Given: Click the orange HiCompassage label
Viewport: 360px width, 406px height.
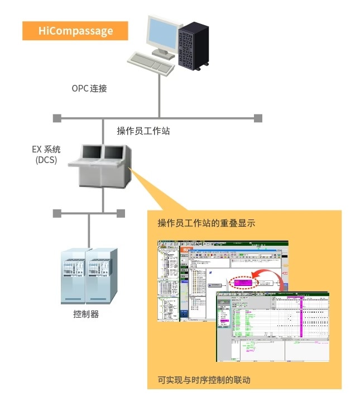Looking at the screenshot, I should [x=75, y=31].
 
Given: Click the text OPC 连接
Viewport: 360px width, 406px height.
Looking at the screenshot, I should [x=89, y=88].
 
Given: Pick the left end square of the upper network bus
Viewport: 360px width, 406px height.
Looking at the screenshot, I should [x=56, y=118].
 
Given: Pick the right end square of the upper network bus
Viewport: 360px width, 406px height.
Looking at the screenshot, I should [x=258, y=118].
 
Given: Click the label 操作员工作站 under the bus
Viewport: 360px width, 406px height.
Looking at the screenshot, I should [x=143, y=131].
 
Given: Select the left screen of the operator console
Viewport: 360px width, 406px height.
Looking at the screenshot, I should [x=92, y=151].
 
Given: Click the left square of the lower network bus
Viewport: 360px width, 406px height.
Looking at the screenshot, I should [x=56, y=213].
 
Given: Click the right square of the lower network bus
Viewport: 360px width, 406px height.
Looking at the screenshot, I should [x=121, y=213].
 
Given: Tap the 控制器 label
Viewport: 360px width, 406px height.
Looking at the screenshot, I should [x=86, y=314].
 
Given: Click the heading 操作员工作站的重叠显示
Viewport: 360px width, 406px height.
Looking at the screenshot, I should [x=207, y=224].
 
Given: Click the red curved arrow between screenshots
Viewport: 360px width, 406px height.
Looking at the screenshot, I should [x=273, y=275].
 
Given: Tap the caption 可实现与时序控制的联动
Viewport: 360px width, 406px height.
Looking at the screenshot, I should [x=204, y=380].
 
